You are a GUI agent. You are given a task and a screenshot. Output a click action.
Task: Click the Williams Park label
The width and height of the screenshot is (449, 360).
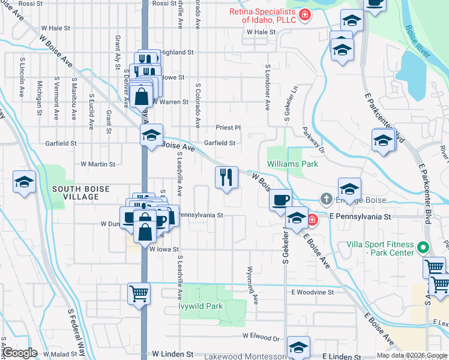pyautogui.click(x=292, y=163)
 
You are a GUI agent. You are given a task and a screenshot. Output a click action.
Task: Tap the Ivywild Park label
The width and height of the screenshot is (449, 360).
pyautogui.click(x=200, y=306)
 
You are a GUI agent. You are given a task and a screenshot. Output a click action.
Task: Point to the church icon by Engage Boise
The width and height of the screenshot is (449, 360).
pyautogui.click(x=325, y=198)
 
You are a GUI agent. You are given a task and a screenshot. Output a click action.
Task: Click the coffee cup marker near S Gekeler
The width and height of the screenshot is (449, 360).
pyautogui.click(x=281, y=200)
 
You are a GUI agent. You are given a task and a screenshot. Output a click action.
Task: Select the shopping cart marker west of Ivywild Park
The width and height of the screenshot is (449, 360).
pyautogui.click(x=138, y=294)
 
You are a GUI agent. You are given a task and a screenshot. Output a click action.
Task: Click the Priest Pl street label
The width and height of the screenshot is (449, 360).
pyautogui.click(x=228, y=128)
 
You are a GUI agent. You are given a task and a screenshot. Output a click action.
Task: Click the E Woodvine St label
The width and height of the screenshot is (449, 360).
pyautogui.click(x=312, y=292)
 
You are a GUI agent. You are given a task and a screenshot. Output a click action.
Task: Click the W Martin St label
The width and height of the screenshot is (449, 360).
pyautogui.click(x=98, y=164)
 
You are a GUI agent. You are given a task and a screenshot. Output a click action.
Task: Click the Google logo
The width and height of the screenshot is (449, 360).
pyautogui.click(x=19, y=353)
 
